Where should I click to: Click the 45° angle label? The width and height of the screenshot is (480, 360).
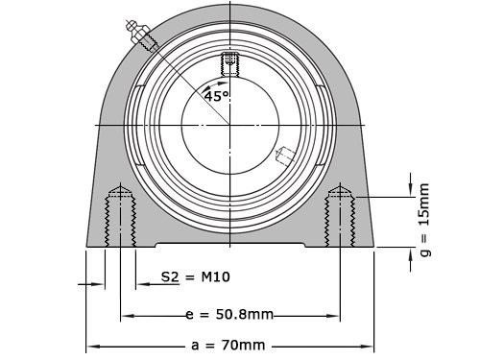[216, 96]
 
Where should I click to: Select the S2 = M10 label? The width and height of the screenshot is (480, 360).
[195, 277]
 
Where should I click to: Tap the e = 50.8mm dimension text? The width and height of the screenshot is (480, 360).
[228, 315]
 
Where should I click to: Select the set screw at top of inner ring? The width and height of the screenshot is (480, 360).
[229, 63]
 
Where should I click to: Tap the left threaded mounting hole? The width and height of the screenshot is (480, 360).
[119, 219]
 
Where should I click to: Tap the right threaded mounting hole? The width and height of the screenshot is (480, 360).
[341, 219]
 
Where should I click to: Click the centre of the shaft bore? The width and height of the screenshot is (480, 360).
[230, 125]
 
